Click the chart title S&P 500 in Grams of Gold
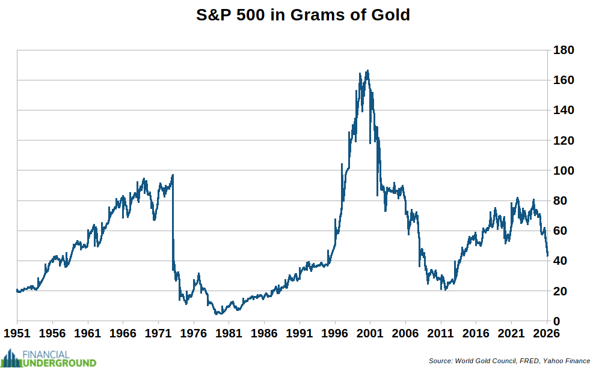pyautogui.click(x=303, y=15)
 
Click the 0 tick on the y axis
pyautogui.click(x=558, y=321)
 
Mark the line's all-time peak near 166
pyautogui.click(x=367, y=70)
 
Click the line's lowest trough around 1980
pyautogui.click(x=218, y=314)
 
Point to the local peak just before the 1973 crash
pyautogui.click(x=173, y=175)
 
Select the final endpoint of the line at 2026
pyautogui.click(x=547, y=256)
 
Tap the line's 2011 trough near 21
pyautogui.click(x=442, y=289)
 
